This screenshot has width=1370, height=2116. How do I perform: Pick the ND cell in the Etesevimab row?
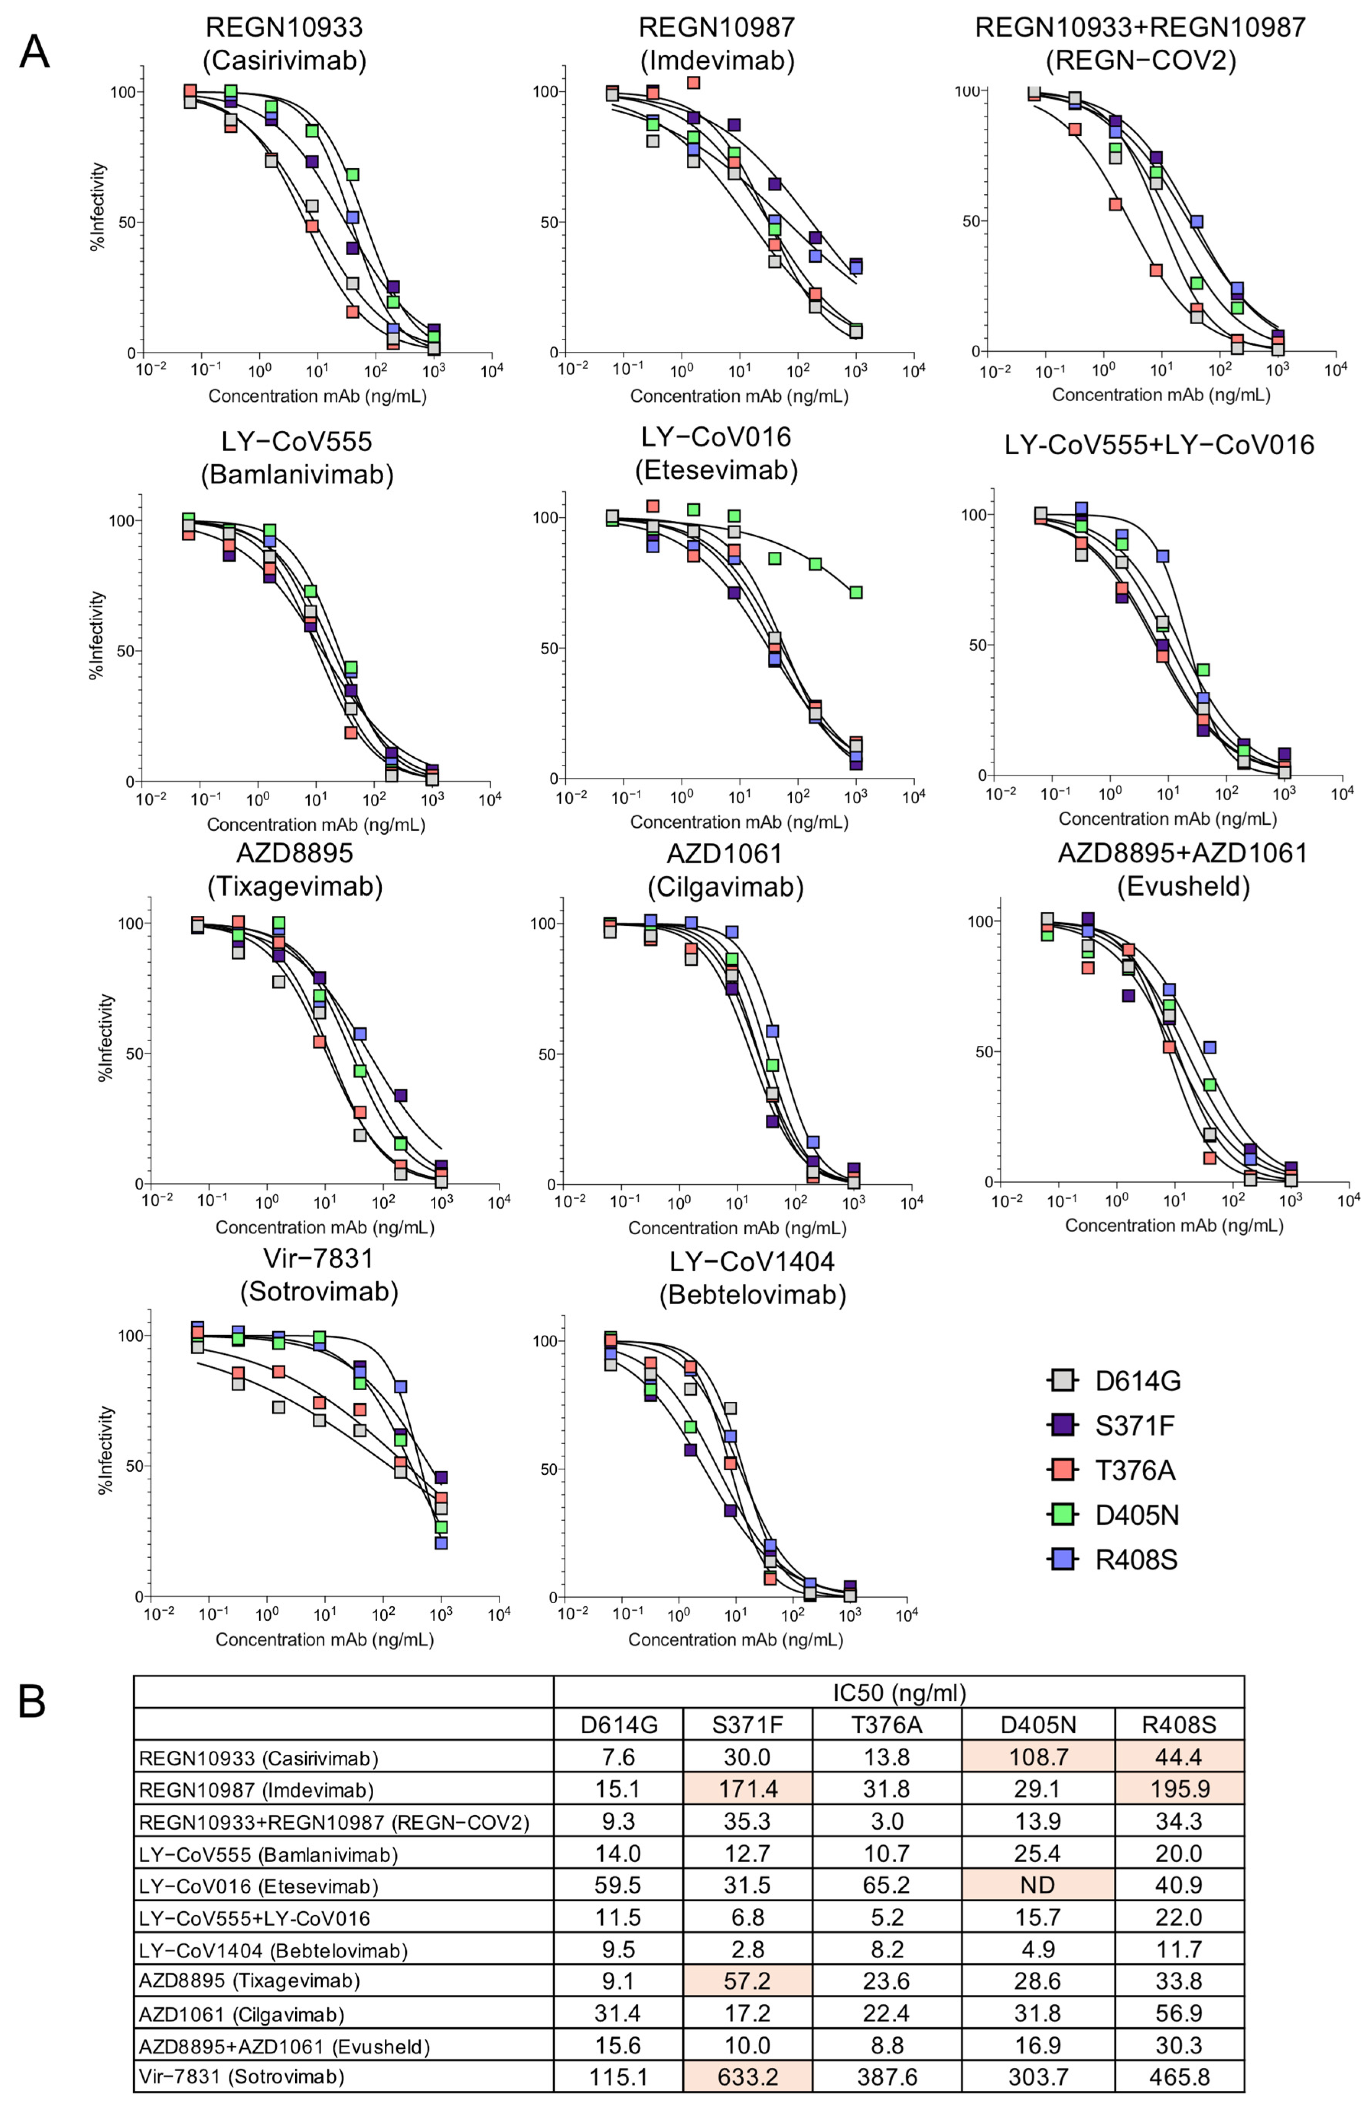[1038, 1886]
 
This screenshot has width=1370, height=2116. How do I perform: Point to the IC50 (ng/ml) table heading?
[899, 1692]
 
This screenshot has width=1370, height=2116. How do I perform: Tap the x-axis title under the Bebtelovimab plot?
[735, 1638]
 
